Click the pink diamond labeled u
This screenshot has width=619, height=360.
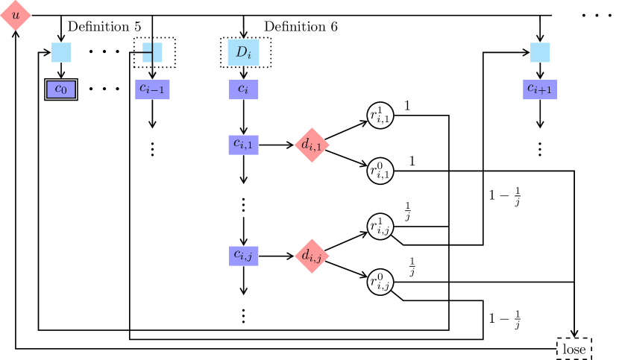[x=15, y=15]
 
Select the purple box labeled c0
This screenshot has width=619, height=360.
[x=61, y=89]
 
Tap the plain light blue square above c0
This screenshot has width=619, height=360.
[x=61, y=52]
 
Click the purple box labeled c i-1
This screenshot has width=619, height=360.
[x=152, y=89]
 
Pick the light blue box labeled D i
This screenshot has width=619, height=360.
[x=243, y=52]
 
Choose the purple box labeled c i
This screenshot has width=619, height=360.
[x=243, y=89]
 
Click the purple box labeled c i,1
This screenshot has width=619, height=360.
[x=243, y=145]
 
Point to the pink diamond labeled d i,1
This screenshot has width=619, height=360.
[x=312, y=145]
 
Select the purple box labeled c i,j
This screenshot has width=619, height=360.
[x=243, y=256]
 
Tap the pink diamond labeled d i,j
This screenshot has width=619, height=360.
[x=312, y=256]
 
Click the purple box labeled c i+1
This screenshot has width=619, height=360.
[x=540, y=89]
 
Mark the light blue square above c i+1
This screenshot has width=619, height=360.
[x=540, y=52]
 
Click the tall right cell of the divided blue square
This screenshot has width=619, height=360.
[x=157, y=52]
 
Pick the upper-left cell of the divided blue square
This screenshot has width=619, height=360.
[x=147, y=47]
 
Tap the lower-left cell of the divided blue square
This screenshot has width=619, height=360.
[x=147, y=57]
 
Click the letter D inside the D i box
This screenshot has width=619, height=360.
[x=241, y=51]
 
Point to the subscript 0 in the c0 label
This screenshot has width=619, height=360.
[x=64, y=92]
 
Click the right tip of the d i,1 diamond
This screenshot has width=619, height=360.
[x=328, y=145]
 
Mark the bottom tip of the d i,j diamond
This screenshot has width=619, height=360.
[x=312, y=273]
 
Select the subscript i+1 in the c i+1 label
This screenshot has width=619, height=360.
[x=544, y=92]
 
